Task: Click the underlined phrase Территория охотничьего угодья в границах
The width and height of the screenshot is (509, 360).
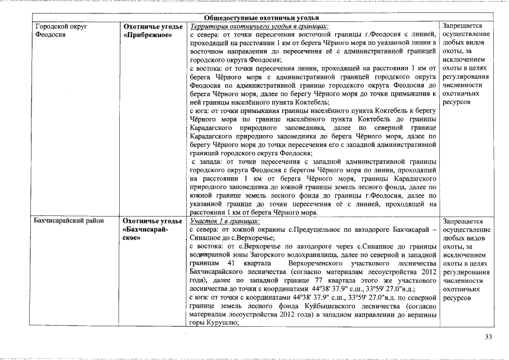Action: (259, 26)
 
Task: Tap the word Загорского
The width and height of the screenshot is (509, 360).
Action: (260, 254)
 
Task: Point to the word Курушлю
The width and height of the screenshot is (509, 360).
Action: (224, 323)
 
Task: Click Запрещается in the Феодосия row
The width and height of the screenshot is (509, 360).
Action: (462, 26)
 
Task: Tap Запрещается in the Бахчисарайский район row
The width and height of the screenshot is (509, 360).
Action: (462, 221)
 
